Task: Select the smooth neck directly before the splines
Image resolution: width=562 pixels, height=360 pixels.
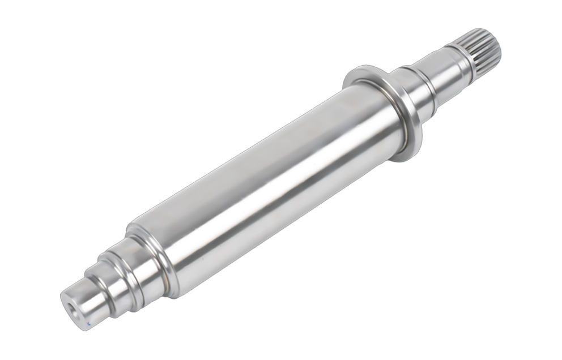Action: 448,68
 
